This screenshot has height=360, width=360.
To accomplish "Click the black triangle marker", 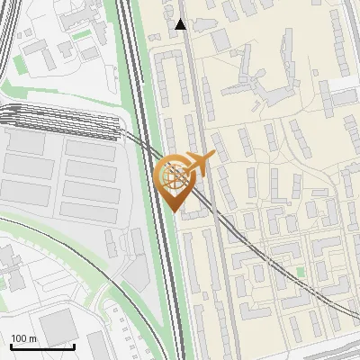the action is (x=181, y=24).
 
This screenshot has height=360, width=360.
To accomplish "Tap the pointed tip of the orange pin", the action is (x=175, y=209).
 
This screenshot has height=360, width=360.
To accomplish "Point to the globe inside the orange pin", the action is (x=173, y=177).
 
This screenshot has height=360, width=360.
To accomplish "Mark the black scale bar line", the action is (x=42, y=346).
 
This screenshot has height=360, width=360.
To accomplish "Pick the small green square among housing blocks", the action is (x=300, y=272).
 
